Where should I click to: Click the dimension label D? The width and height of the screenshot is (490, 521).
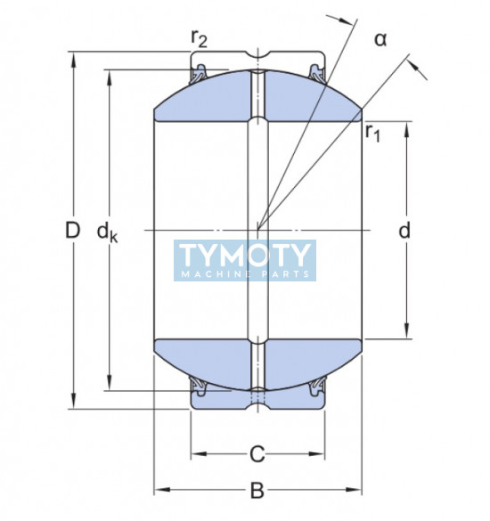pos(72,231)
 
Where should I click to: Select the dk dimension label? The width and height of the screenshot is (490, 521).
pos(107,232)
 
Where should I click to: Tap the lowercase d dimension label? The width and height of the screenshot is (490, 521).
pos(404,230)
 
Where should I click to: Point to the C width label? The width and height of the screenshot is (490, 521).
pos(257,454)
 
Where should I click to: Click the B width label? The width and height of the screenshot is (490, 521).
pos(257,490)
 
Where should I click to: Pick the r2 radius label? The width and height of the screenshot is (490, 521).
pos(199,38)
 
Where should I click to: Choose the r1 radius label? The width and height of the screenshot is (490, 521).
pos(372,134)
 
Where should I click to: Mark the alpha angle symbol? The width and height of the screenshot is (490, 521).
pos(380,39)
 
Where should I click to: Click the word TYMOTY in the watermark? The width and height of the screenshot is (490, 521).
pos(245,256)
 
